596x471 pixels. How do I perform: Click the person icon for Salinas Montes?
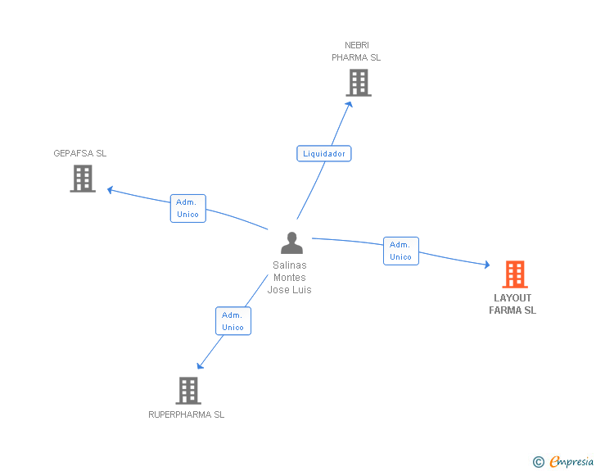pos(291,243)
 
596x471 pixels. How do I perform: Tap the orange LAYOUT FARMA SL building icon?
pos(515,274)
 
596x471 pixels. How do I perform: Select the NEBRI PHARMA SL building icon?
pos(358,83)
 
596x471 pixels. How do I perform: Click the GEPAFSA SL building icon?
pos(83,179)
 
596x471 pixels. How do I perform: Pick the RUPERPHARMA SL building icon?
pos(188,391)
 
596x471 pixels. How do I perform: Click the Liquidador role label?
pos(324,153)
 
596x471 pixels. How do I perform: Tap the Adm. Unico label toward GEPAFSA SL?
pos(188,208)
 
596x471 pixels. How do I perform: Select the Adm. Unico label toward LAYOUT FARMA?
pos(400,251)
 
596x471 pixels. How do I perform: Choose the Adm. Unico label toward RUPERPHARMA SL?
pos(233,321)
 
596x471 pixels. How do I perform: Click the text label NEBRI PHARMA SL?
pos(356,52)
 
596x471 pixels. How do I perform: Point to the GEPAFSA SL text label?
pos(80,153)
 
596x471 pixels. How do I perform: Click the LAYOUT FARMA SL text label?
pos(512,304)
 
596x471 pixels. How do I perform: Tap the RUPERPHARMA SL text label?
pos(186,414)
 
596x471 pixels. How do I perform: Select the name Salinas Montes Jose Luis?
pos(290,278)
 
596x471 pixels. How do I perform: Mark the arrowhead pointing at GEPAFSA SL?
pos(110,190)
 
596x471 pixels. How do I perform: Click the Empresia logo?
pos(571,462)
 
